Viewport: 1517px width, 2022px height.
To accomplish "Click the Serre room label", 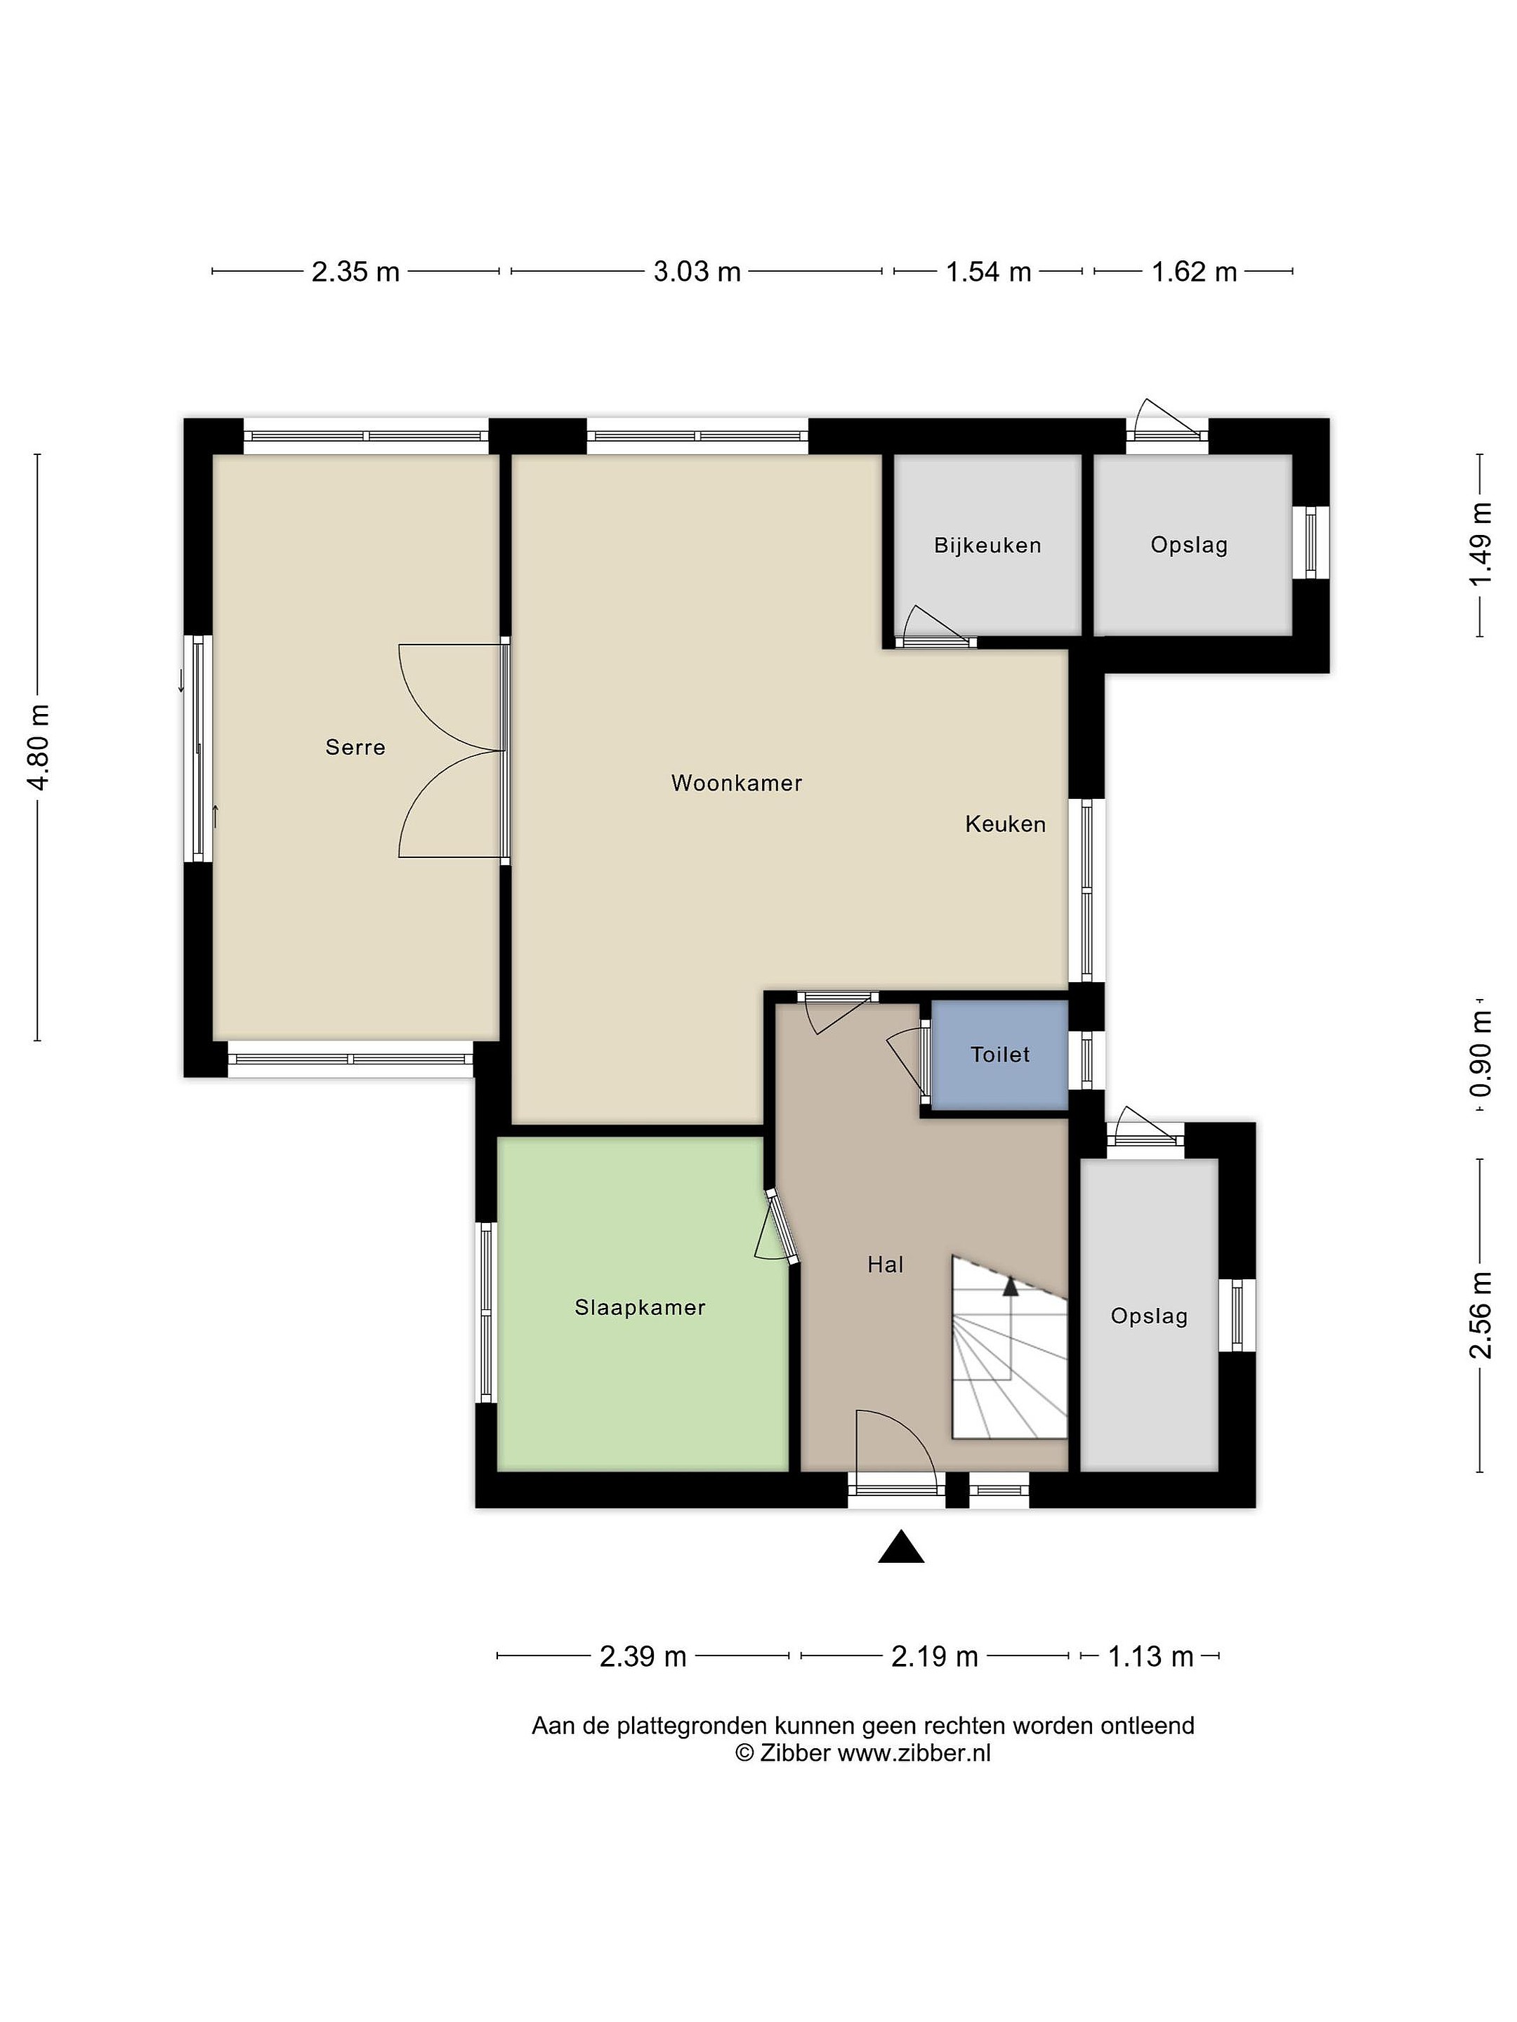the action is tap(355, 748).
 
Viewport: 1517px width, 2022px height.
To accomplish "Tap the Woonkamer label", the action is tap(736, 784).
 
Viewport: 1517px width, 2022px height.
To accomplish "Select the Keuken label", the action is tap(1005, 824).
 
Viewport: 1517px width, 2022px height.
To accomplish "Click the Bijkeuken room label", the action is tap(987, 546).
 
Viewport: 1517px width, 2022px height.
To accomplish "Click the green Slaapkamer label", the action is tap(640, 1308).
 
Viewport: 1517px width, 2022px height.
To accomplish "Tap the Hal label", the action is tap(885, 1265).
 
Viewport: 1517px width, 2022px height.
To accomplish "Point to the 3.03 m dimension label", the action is tap(697, 272).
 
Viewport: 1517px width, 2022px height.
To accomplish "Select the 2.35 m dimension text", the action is tap(355, 272).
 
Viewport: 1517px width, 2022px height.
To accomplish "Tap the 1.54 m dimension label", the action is tap(988, 272).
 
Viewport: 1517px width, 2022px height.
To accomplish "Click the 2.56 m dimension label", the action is tap(1480, 1316).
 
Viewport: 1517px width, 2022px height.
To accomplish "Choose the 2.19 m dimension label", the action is tap(935, 1656).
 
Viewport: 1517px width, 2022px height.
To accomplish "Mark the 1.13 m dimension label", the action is tap(1151, 1656).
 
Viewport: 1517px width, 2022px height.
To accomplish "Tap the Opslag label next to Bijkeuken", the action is tap(1189, 546).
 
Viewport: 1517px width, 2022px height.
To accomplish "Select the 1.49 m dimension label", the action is tap(1480, 546).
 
